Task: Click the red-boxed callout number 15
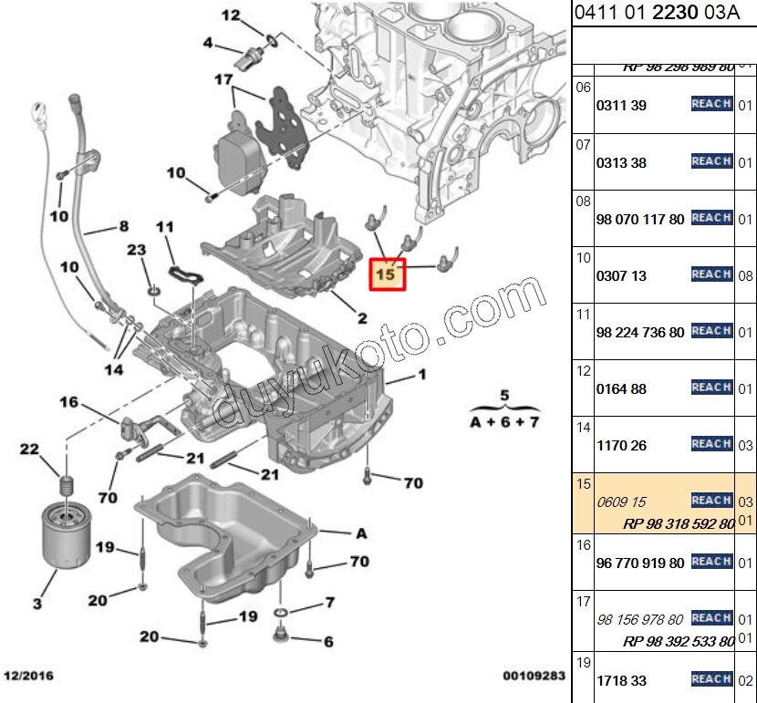[x=388, y=272]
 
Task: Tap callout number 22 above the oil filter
[x=30, y=449]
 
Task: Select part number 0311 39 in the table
[x=621, y=106]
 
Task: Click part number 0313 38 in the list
[x=621, y=163]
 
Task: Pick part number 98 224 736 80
[x=639, y=333]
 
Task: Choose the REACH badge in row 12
[x=711, y=388]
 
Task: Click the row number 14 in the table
[x=584, y=427]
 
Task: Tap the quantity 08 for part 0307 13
[x=745, y=275]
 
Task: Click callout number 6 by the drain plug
[x=328, y=641]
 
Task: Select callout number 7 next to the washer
[x=329, y=603]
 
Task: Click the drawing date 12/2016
[x=30, y=677]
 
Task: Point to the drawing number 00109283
[x=534, y=677]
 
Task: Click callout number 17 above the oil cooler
[x=224, y=79]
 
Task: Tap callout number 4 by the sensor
[x=208, y=43]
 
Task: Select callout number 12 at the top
[x=230, y=16]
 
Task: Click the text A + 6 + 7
[x=504, y=422]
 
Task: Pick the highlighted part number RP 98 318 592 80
[x=679, y=523]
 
